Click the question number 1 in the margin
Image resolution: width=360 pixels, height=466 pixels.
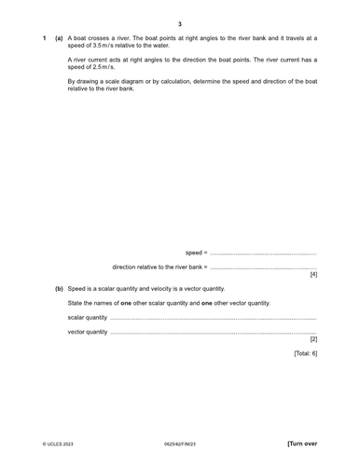pyautogui.click(x=44, y=38)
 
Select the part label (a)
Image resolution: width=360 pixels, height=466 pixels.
pyautogui.click(x=59, y=38)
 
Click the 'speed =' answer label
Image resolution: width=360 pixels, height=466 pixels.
pyautogui.click(x=196, y=253)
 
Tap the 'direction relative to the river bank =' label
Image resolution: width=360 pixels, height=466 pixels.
pyautogui.click(x=154, y=267)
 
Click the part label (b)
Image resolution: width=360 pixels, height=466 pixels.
pyautogui.click(x=59, y=289)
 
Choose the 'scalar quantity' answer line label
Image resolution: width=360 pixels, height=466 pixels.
pyautogui.click(x=88, y=317)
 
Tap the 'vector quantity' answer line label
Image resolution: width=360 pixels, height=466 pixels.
pyautogui.click(x=88, y=332)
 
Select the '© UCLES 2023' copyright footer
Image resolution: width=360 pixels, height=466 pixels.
pyautogui.click(x=58, y=445)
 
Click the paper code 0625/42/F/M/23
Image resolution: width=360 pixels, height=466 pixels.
pyautogui.click(x=180, y=445)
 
